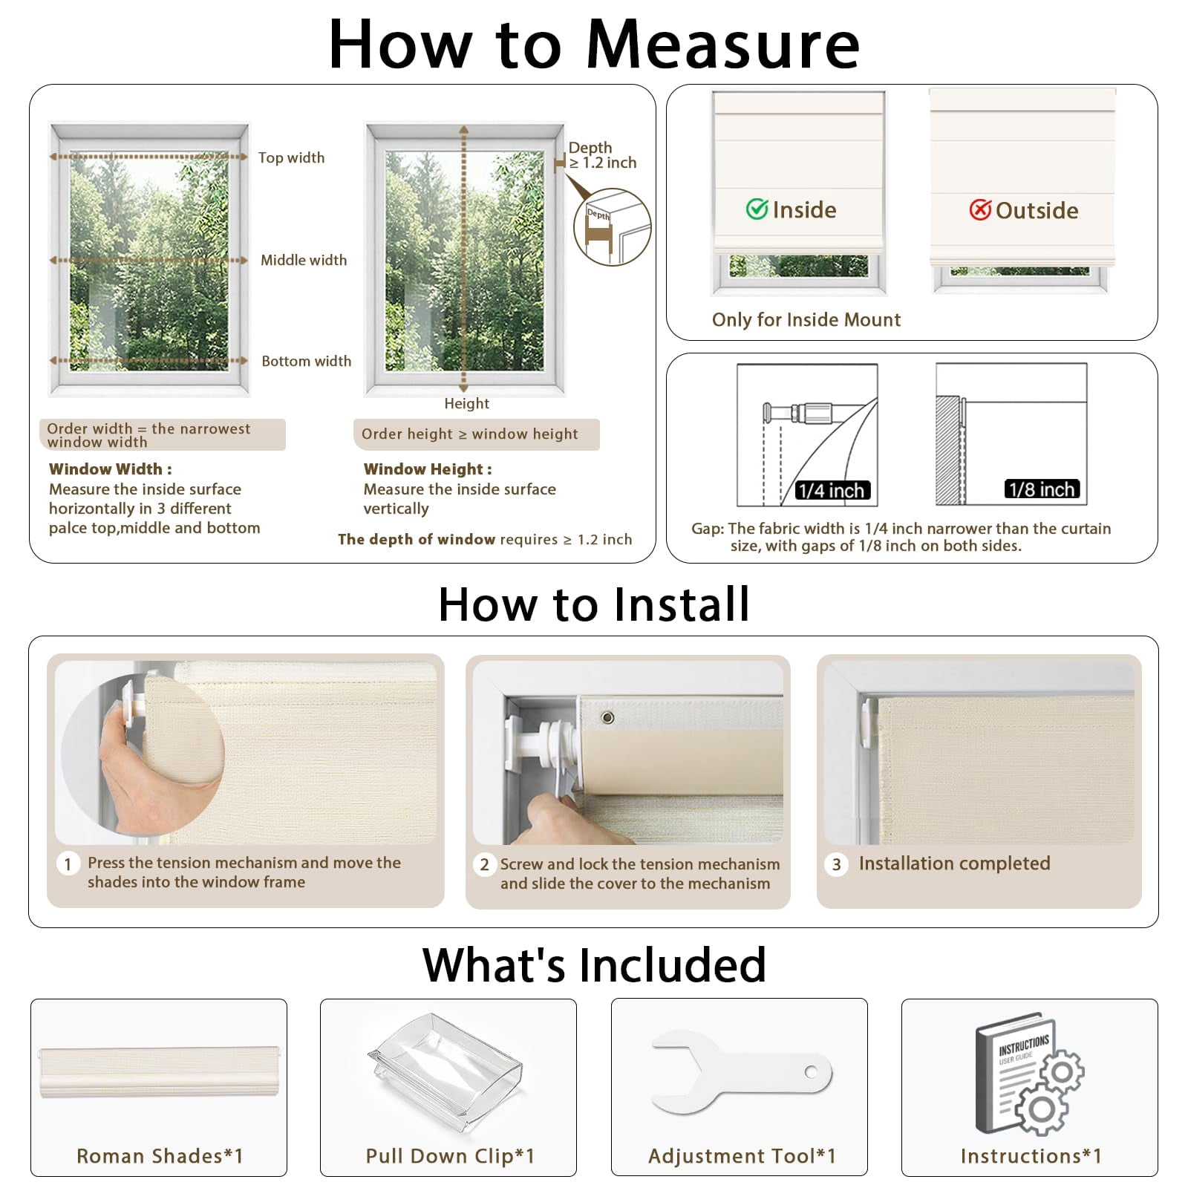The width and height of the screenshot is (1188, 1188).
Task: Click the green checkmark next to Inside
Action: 757,209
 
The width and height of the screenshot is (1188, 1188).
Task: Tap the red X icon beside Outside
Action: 980,210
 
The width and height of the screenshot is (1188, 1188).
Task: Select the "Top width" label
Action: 291,157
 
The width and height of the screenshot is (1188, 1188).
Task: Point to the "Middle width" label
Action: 304,260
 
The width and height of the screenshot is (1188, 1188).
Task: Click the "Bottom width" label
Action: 306,361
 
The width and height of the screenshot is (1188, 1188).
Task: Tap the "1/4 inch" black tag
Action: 831,490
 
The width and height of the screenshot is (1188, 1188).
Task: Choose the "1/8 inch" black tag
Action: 1042,489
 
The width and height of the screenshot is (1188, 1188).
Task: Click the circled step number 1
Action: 68,864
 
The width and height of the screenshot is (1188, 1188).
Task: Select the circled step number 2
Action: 484,864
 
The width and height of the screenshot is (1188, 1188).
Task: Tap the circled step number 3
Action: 836,864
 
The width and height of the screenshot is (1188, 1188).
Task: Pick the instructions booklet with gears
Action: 1029,1074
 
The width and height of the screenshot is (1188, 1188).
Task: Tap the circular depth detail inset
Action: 613,227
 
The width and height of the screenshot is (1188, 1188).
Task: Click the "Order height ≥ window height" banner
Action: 476,434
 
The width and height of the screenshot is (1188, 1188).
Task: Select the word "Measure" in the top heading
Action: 722,45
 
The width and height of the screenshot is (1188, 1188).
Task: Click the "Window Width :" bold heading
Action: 111,469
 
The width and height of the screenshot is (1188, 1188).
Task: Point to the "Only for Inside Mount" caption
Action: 806,320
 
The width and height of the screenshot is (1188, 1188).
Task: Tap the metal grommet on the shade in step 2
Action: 607,717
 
